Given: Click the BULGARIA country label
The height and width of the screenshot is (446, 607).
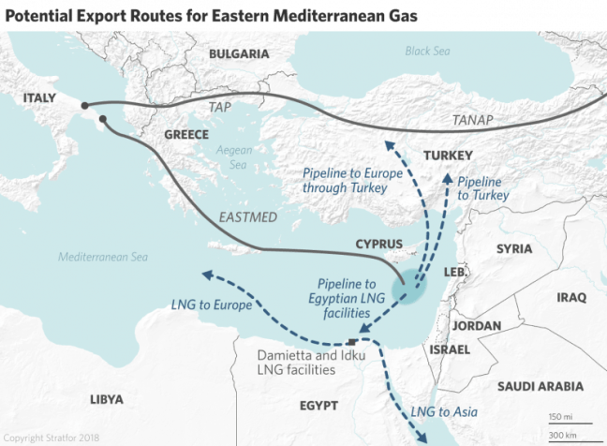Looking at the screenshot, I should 239,55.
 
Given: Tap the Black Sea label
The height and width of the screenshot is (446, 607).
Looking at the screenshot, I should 427,51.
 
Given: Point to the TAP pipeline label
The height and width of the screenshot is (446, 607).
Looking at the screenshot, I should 222,108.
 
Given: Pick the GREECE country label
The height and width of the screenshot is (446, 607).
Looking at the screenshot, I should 185,135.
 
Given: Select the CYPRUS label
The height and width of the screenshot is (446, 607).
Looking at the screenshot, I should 378,245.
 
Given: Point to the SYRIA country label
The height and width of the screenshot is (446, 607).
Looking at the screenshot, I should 513,248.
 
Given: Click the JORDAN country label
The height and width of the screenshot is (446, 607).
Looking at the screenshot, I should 477,326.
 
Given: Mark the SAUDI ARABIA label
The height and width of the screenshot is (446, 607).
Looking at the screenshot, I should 540,386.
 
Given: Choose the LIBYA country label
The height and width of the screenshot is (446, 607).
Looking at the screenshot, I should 106,399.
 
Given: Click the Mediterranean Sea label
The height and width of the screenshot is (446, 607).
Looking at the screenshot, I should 102,257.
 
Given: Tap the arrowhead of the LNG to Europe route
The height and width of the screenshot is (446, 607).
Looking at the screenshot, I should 206,275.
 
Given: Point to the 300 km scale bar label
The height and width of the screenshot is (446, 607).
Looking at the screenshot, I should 562,436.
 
